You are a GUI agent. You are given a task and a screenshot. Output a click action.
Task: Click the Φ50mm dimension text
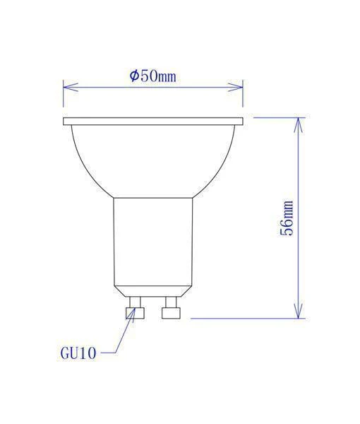pyautogui.click(x=153, y=76)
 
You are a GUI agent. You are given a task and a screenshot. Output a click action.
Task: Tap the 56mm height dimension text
pyautogui.click(x=287, y=218)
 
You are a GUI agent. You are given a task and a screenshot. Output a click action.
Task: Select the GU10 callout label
pyautogui.click(x=78, y=351)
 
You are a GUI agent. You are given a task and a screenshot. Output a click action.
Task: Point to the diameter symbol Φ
pyautogui.click(x=134, y=76)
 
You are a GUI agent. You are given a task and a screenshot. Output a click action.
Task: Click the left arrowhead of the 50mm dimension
pyautogui.click(x=68, y=88)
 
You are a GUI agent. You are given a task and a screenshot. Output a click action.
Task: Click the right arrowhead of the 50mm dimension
pyautogui.click(x=238, y=88)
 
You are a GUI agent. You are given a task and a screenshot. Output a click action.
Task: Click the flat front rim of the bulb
pyautogui.click(x=153, y=122)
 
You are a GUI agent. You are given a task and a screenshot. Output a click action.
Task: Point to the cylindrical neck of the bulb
pyautogui.click(x=152, y=240)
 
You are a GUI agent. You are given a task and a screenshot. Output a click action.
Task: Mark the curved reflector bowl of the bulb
pyautogui.click(x=153, y=159)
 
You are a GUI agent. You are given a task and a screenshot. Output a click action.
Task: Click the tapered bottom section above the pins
pyautogui.click(x=152, y=290)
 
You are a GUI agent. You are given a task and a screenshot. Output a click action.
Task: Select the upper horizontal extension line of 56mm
pyautogui.click(x=279, y=117)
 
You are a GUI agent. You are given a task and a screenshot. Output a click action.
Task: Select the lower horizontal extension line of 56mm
pyautogui.click(x=247, y=318)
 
